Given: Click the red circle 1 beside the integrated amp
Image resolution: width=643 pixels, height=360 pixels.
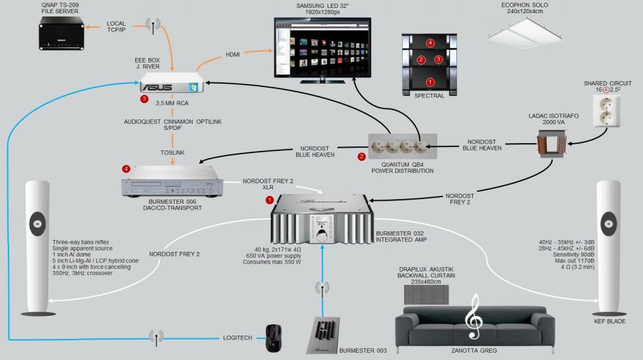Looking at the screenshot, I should tap(268, 198).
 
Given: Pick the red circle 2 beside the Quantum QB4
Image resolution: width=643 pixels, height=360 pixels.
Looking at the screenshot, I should tap(361, 157).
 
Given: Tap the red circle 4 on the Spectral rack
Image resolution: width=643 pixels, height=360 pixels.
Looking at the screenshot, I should tap(430, 43).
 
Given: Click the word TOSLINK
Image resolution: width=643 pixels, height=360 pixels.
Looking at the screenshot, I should tap(171, 152).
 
